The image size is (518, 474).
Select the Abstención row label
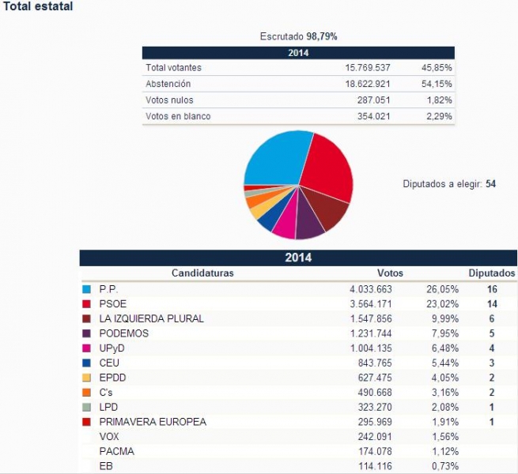(x=168, y=84)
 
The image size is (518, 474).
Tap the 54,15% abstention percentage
(x=437, y=84)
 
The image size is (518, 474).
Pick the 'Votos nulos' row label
(x=169, y=100)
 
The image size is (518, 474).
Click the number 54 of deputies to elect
(x=491, y=184)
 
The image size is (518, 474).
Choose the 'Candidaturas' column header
(x=202, y=273)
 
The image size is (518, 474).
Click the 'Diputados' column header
(x=492, y=273)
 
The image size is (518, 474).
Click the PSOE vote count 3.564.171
(x=377, y=304)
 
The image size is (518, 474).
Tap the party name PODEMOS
(x=123, y=333)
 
